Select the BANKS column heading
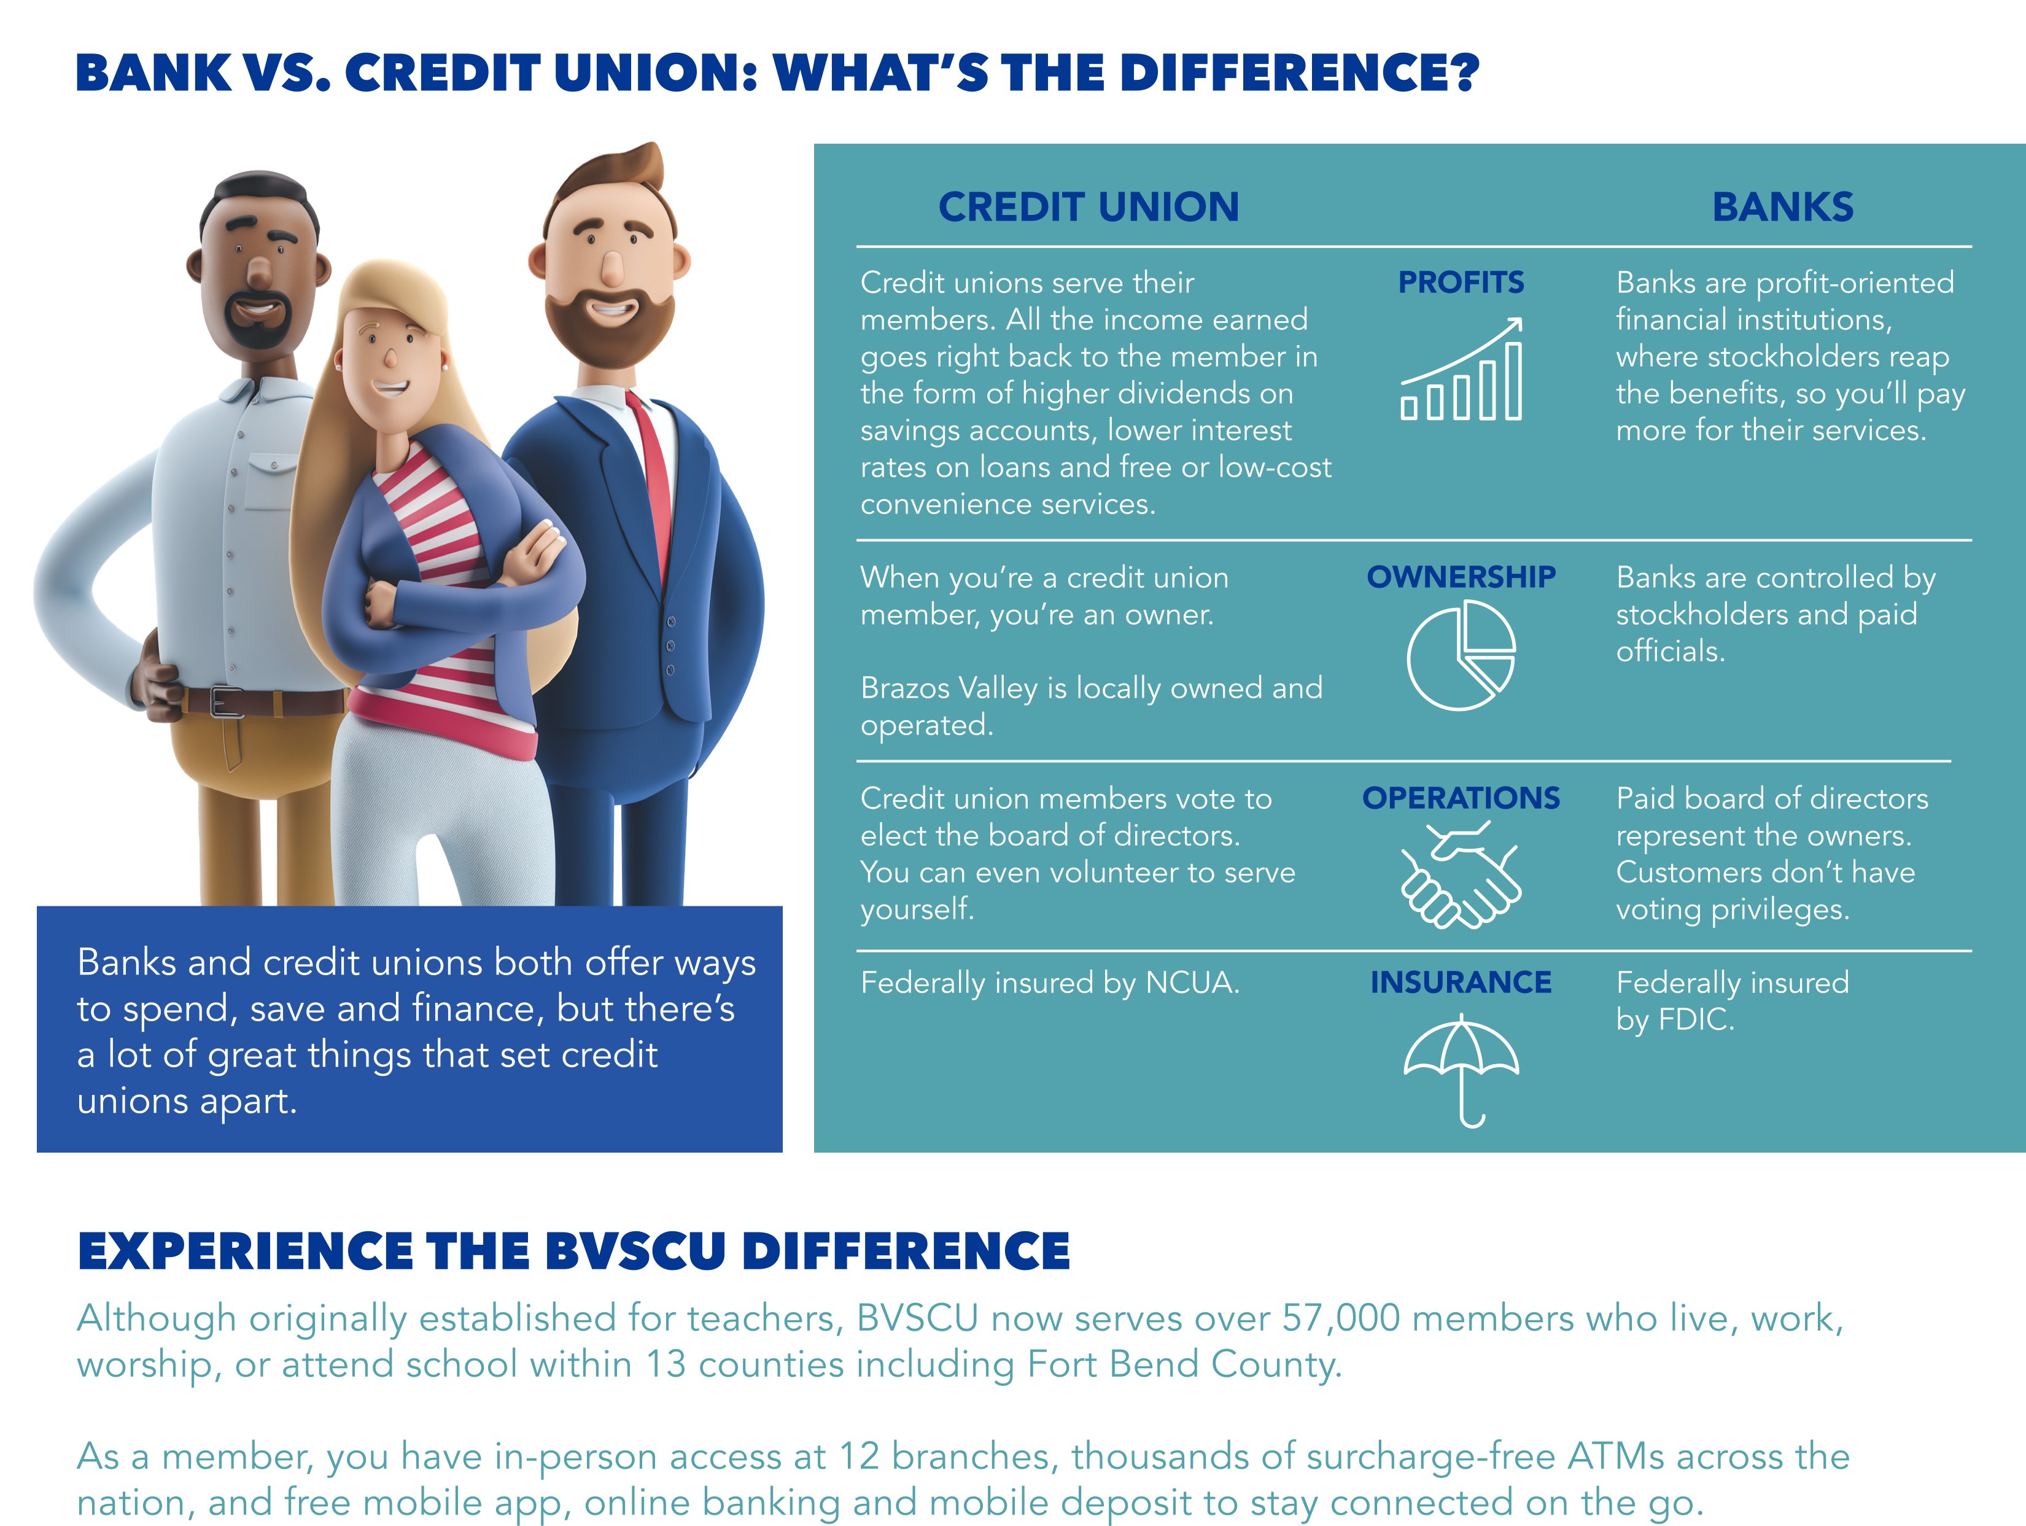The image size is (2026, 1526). click(1782, 207)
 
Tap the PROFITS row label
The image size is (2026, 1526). click(1461, 282)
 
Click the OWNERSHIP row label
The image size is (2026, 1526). click(1461, 577)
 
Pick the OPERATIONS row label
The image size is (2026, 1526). click(1461, 798)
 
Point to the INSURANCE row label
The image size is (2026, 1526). click(1461, 982)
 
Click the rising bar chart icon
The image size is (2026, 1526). click(1461, 368)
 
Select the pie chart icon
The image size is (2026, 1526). click(1461, 655)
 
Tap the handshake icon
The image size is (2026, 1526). click(1461, 874)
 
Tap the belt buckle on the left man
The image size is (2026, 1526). click(225, 702)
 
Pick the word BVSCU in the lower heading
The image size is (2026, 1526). click(635, 1252)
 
